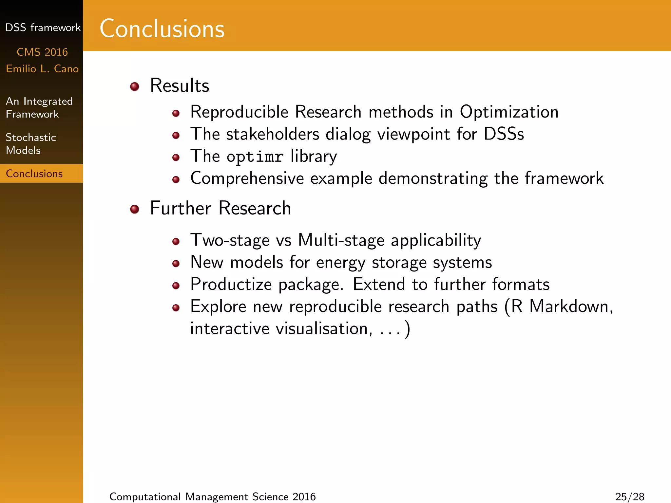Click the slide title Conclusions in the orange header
point(162,29)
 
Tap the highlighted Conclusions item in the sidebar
point(34,174)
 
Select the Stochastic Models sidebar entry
point(31,144)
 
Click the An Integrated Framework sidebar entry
point(39,107)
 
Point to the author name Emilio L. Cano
point(42,69)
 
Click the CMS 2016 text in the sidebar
point(42,52)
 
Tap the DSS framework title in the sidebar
point(43,28)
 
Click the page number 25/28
point(629,496)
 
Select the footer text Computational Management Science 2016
point(212,496)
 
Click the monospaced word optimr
point(255,157)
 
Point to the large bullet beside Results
point(135,86)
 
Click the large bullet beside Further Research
point(135,209)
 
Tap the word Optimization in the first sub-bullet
point(509,112)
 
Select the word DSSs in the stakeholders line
point(504,134)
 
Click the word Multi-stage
point(341,240)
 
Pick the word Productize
point(231,284)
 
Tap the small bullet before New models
point(176,263)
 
